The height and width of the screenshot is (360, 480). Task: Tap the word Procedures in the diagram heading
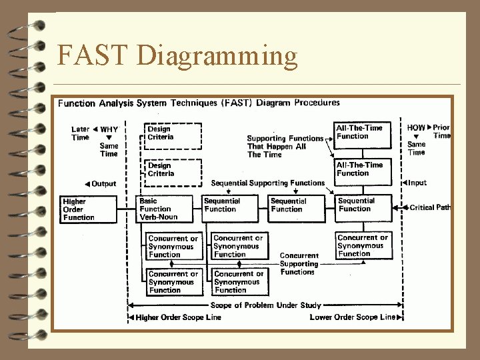click(317, 103)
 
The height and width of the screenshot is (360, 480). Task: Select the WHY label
click(109, 129)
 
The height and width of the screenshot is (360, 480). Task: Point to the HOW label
click(416, 127)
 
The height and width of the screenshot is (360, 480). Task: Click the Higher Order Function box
click(79, 209)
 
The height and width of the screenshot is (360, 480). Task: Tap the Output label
click(103, 184)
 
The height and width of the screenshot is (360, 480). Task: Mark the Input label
click(417, 183)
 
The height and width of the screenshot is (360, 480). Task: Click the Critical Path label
click(430, 207)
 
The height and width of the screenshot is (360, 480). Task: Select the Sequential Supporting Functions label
click(267, 183)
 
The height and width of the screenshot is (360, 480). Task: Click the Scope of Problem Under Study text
click(265, 306)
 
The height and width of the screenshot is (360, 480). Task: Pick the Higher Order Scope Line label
click(178, 317)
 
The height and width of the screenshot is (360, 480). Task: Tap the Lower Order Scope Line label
click(352, 317)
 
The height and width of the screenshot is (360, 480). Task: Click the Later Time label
click(80, 133)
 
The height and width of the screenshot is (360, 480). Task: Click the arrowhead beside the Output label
click(87, 184)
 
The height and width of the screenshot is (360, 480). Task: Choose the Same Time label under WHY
click(108, 149)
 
